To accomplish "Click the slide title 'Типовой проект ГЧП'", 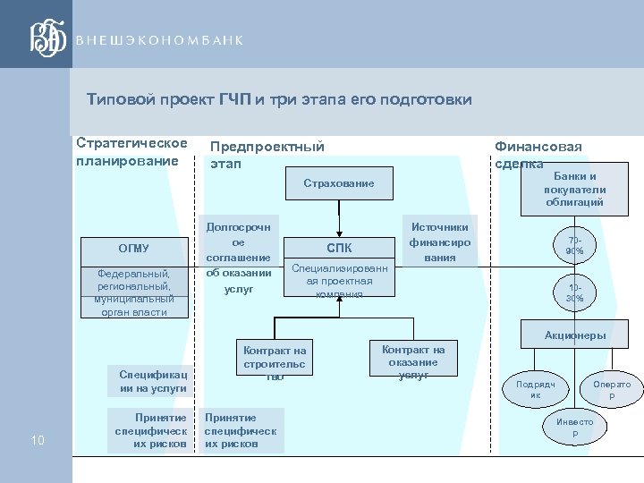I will (x=279, y=99).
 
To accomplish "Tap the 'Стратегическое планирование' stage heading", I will (x=131, y=151).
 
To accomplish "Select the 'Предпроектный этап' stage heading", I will (x=267, y=155).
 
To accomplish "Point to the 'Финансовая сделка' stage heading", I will (x=538, y=155).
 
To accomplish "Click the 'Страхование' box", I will (x=338, y=183).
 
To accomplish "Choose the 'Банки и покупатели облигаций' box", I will (x=574, y=189).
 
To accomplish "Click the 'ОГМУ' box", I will (x=134, y=249).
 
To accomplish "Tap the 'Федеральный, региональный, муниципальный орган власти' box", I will (x=134, y=292).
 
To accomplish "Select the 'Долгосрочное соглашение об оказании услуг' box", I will (x=238, y=258).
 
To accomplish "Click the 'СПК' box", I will (x=339, y=249).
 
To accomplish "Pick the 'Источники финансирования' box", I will (x=439, y=242).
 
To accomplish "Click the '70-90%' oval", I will (x=574, y=246).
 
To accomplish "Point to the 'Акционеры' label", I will (x=575, y=335).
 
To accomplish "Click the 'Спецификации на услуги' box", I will (x=153, y=382).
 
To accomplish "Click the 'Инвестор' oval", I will (x=574, y=428).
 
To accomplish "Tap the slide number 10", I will (x=38, y=439).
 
